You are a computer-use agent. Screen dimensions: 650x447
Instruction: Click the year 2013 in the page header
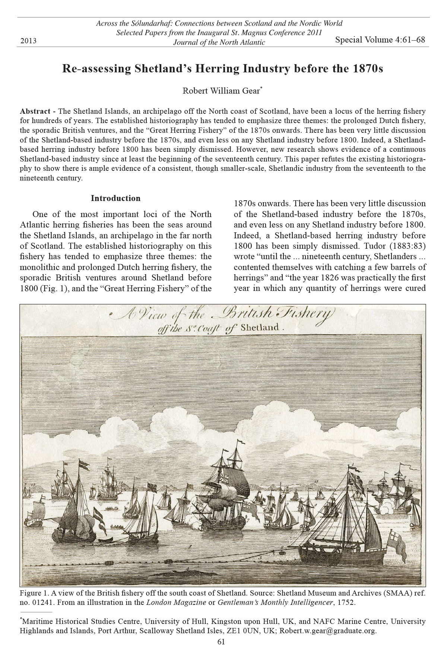28,41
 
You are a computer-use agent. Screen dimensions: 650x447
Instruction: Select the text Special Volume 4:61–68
380,40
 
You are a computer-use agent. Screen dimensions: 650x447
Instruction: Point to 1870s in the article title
367,69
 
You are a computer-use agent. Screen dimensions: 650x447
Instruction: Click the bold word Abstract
35,112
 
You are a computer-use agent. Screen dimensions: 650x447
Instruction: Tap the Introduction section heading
115,198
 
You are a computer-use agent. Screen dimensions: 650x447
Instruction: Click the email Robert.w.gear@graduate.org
328,631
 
